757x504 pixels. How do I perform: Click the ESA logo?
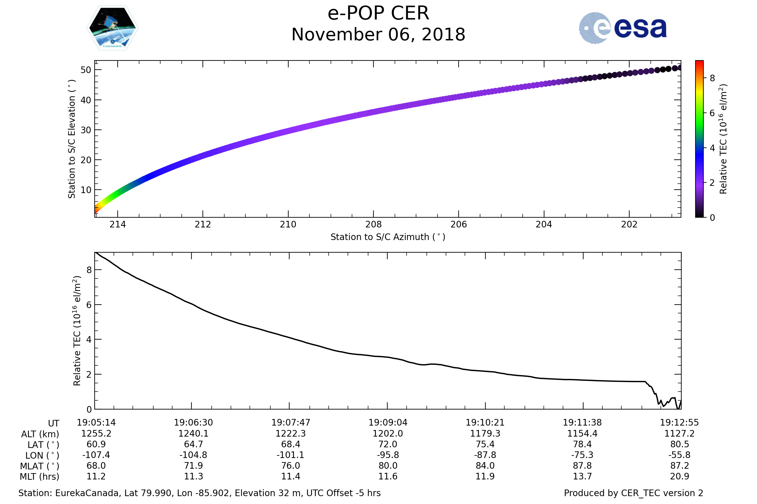[x=622, y=28]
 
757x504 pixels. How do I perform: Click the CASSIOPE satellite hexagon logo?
[x=112, y=28]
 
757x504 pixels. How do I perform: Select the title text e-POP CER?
[x=378, y=14]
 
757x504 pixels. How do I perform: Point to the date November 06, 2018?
[x=378, y=35]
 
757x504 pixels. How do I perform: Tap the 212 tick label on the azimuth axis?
[x=203, y=224]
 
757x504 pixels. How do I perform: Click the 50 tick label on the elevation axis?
[x=86, y=70]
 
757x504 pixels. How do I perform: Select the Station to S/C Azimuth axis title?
[x=388, y=237]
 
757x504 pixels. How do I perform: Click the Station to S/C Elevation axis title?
[x=72, y=139]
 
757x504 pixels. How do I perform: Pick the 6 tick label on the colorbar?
[x=712, y=113]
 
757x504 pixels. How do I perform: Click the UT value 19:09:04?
[x=388, y=423]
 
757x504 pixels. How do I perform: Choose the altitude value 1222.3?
[x=290, y=434]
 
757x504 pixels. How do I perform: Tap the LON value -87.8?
[x=485, y=455]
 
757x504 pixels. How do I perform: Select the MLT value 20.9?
[x=679, y=476]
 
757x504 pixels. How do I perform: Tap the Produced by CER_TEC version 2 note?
[x=633, y=493]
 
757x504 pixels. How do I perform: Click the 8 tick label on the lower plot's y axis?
[x=89, y=270]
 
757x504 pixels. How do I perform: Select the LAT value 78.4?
[x=582, y=444]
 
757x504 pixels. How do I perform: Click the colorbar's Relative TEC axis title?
[x=723, y=139]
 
